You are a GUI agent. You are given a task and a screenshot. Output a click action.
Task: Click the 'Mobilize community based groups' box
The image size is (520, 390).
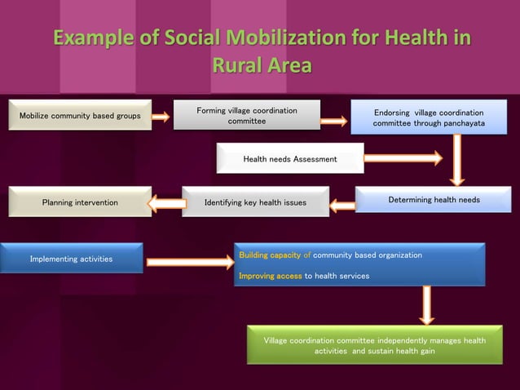(80, 116)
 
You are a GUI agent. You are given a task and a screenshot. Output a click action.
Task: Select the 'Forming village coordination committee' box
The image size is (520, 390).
(247, 116)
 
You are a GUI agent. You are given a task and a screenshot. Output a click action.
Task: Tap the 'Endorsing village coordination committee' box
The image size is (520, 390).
(428, 117)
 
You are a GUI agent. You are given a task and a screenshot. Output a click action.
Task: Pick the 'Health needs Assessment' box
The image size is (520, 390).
(289, 158)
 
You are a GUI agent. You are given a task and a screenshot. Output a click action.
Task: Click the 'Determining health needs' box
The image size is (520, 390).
(433, 200)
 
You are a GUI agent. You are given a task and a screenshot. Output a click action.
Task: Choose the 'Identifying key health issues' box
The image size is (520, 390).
(255, 202)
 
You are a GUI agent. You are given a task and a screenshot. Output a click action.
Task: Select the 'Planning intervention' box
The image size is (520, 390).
(80, 202)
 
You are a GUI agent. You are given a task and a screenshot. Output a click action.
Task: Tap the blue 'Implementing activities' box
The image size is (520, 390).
(72, 259)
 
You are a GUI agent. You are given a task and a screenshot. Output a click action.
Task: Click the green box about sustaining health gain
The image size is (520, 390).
(374, 345)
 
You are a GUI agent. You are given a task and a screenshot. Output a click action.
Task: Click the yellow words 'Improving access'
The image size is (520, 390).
(270, 276)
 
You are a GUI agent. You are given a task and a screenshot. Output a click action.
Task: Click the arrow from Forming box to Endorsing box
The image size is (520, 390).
(333, 122)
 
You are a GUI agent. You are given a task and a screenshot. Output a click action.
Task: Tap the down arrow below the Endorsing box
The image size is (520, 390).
(457, 160)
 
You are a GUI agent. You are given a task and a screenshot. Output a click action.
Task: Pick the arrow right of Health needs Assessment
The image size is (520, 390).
(403, 157)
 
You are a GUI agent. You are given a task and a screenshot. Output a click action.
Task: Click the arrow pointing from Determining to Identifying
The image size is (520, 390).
(342, 205)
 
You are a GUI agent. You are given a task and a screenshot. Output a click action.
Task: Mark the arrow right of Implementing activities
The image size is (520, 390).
(189, 262)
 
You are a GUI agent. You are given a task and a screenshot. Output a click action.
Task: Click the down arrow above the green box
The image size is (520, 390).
(426, 305)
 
